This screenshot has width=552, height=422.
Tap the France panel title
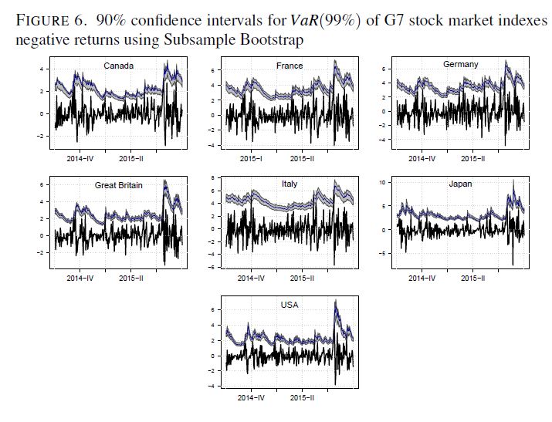[x=290, y=66]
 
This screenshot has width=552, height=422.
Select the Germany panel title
[x=460, y=64]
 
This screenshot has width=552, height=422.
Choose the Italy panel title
[x=290, y=184]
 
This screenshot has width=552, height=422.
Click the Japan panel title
[x=461, y=184]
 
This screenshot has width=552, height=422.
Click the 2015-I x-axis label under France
[x=251, y=158]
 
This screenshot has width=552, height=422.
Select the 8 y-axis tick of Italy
[x=212, y=178]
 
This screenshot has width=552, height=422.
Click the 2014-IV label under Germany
[x=422, y=158]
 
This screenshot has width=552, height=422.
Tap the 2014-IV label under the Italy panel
[x=251, y=278]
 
